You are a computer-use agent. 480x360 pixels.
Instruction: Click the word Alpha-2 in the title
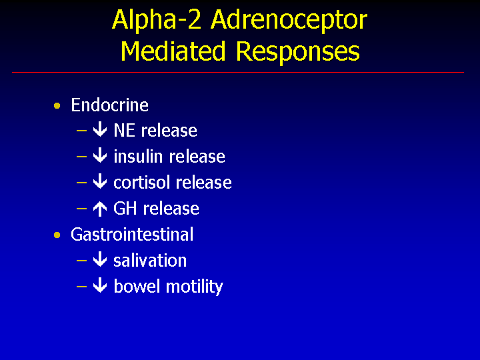pos(157,20)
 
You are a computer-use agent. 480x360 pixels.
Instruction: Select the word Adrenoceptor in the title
pos(289,20)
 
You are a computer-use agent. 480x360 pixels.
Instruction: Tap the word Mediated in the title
pos(173,51)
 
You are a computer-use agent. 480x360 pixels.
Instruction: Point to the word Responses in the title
pos(298,53)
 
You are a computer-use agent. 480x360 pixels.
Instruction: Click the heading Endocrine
pos(109,105)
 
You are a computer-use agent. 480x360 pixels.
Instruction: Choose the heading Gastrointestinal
pos(132,234)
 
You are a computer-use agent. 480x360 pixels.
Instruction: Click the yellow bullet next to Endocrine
pos(57,106)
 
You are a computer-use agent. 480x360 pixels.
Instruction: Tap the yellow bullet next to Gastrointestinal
pos(57,235)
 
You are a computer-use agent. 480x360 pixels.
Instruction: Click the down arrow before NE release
pos(100,130)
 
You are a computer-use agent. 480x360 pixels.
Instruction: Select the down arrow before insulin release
pos(100,155)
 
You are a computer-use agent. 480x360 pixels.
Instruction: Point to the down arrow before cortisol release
pos(100,181)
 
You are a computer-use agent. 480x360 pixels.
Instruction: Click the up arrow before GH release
pos(100,209)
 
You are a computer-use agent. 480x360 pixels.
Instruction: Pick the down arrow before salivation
pos(100,259)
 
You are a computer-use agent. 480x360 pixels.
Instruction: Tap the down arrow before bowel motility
pos(100,285)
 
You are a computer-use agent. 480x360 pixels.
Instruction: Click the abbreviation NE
pos(124,131)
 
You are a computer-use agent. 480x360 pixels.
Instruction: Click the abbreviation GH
pos(125,208)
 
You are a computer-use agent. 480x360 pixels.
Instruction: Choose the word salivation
pos(150,260)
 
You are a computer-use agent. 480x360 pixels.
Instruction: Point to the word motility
pos(195,287)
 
